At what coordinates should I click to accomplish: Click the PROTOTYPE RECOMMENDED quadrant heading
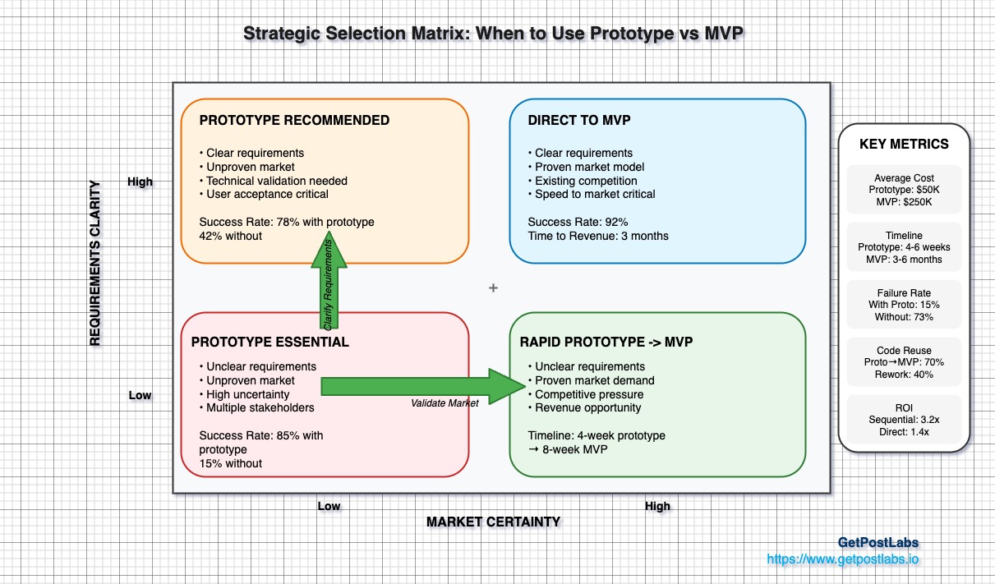tap(294, 121)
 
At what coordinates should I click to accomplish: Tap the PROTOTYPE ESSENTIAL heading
tap(270, 343)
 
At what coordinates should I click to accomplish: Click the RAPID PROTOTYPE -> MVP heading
tap(606, 343)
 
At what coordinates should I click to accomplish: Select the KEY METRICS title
tap(904, 145)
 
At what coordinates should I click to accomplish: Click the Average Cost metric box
tap(904, 191)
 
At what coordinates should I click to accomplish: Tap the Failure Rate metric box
tap(904, 305)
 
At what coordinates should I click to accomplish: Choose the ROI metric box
tap(904, 419)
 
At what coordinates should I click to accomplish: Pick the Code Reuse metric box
tap(904, 362)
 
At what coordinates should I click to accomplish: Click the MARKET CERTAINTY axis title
tap(493, 522)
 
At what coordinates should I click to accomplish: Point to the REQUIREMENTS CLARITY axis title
tap(96, 263)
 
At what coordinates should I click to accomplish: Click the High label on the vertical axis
tap(140, 182)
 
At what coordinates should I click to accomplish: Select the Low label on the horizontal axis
tap(329, 506)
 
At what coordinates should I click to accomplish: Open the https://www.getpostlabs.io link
tap(843, 559)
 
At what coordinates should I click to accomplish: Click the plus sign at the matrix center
tap(493, 288)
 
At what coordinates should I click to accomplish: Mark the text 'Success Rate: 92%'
tap(578, 222)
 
